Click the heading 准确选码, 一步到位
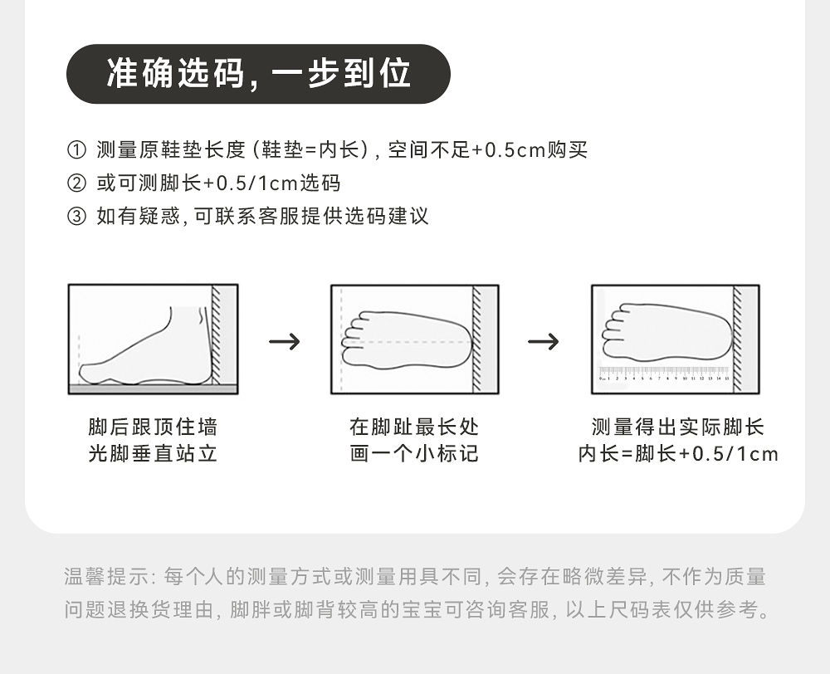[258, 74]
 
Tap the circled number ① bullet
[76, 150]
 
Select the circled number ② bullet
[76, 183]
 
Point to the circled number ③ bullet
[76, 217]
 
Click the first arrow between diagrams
[285, 341]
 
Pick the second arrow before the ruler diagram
[544, 341]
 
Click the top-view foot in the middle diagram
[407, 340]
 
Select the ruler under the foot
[664, 373]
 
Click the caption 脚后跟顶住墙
[153, 427]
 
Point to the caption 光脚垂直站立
[153, 454]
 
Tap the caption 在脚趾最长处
[414, 427]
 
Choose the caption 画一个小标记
[414, 454]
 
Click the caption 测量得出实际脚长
[677, 427]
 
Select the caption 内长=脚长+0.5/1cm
[677, 454]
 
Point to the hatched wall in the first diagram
[217, 336]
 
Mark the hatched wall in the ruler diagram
[738, 336]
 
